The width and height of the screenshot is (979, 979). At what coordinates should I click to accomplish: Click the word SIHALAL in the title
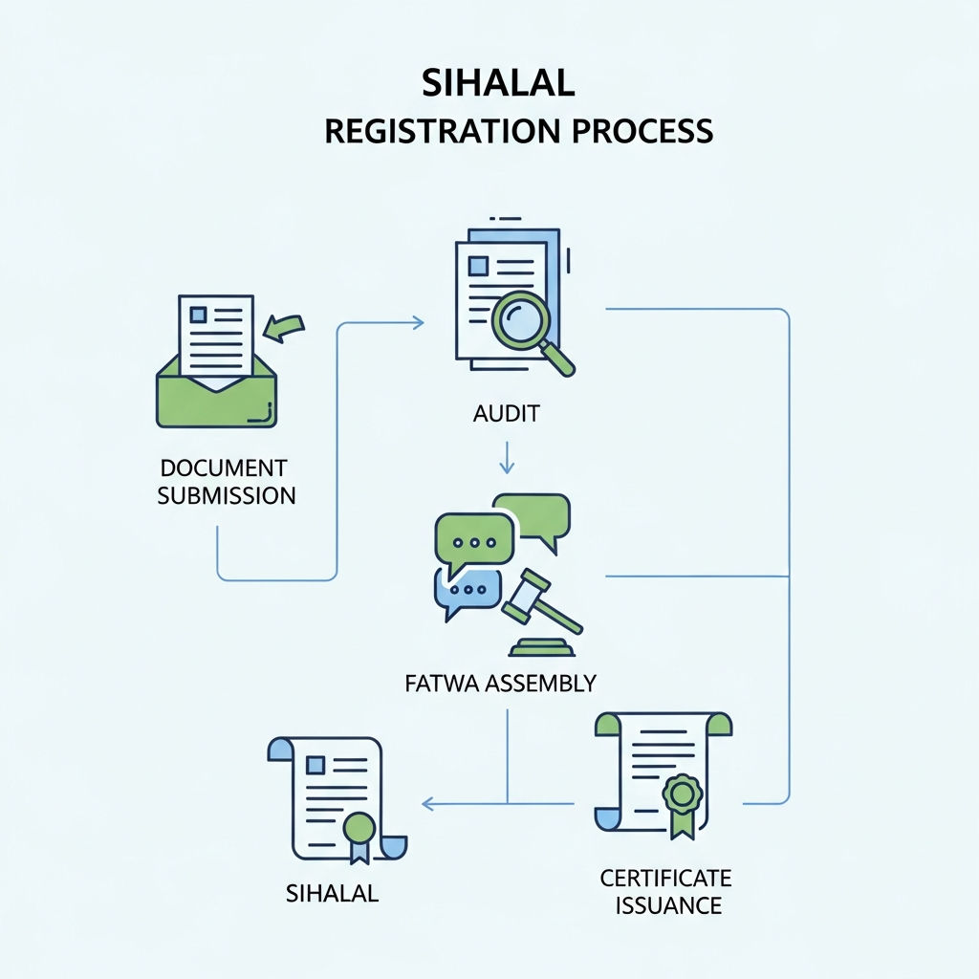(x=497, y=83)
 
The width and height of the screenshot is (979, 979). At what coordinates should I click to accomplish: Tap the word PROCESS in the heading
(x=642, y=131)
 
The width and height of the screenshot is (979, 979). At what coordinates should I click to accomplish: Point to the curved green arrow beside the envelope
(x=284, y=328)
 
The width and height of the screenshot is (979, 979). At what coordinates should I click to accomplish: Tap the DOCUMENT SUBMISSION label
(x=227, y=482)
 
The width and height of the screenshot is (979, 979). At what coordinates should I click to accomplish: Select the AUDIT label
(x=506, y=413)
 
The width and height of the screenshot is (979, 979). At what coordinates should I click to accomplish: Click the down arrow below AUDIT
(x=507, y=458)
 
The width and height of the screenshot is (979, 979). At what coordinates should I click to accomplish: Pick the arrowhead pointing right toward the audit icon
(x=417, y=323)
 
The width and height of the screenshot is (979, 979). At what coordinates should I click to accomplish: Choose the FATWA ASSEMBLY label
(x=500, y=683)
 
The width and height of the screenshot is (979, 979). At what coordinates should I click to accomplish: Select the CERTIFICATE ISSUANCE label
(x=666, y=892)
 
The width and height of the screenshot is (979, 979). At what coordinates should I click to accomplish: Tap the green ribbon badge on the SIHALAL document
(x=359, y=838)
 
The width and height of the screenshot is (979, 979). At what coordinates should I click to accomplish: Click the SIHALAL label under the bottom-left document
(x=332, y=894)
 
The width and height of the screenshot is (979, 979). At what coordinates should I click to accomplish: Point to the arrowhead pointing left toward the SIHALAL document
(x=429, y=803)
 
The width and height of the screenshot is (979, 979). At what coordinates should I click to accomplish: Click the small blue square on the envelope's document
(x=199, y=314)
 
